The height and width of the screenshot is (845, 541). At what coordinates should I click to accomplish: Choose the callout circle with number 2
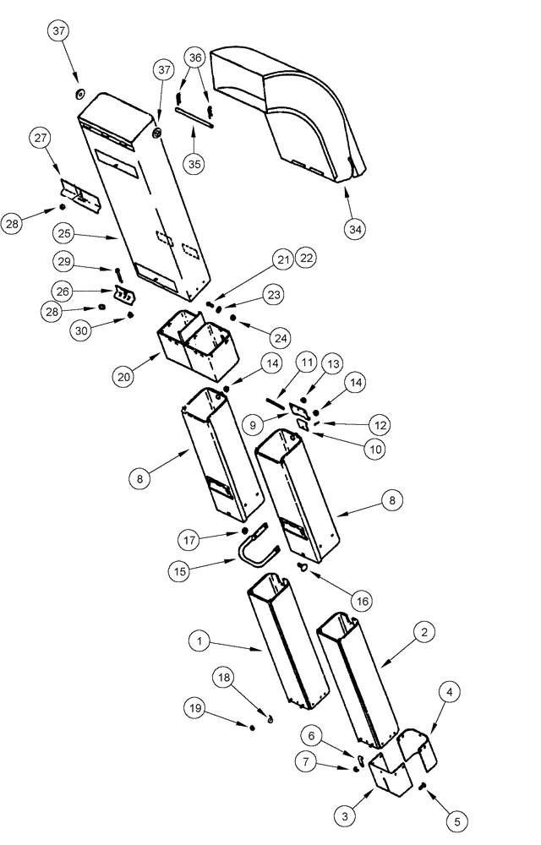[x=424, y=630]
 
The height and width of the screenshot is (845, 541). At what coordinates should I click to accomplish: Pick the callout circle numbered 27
[x=41, y=139]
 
